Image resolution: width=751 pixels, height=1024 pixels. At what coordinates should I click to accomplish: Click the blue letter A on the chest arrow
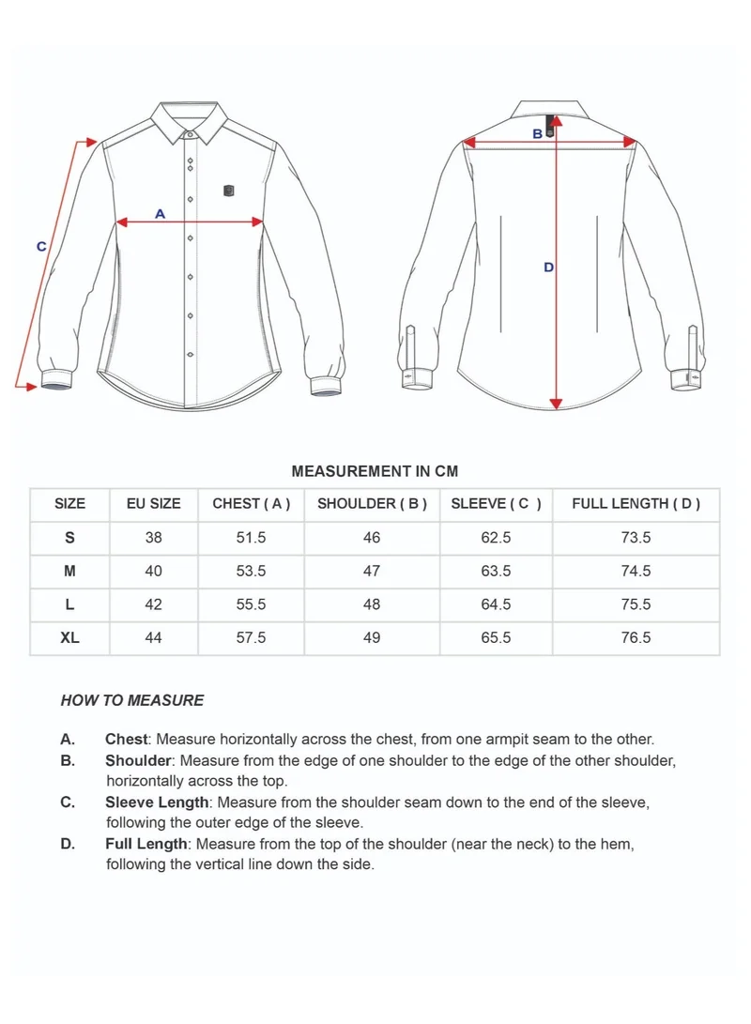(160, 214)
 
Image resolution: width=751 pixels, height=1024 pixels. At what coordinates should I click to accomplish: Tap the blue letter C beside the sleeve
(41, 247)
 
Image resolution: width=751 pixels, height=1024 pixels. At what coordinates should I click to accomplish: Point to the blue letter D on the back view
(549, 267)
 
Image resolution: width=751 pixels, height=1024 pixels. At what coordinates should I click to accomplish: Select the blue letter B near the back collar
(538, 134)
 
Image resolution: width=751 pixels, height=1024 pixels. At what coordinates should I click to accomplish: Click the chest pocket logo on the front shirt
(229, 191)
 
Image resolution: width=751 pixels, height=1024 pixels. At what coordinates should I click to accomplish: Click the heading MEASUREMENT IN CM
(375, 471)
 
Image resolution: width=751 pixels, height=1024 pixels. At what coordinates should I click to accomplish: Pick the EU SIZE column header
(153, 504)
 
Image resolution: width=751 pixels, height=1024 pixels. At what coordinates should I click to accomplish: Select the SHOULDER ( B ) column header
(372, 504)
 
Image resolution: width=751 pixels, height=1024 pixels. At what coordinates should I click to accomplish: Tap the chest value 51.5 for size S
(251, 538)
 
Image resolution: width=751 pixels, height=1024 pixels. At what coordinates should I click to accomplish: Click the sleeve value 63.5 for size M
(496, 571)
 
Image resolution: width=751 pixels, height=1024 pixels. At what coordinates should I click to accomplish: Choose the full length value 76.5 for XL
(636, 637)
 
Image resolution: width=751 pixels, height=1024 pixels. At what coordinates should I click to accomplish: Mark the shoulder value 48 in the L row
(372, 604)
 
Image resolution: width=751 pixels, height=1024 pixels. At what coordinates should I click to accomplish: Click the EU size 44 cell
(153, 637)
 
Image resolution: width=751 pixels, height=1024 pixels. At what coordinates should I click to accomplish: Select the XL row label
(69, 637)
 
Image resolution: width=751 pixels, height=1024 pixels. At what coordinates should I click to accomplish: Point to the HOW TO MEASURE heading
(132, 700)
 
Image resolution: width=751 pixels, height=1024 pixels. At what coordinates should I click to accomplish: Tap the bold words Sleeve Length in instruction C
(157, 802)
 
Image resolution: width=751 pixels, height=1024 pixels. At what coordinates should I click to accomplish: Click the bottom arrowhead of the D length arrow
(556, 404)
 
